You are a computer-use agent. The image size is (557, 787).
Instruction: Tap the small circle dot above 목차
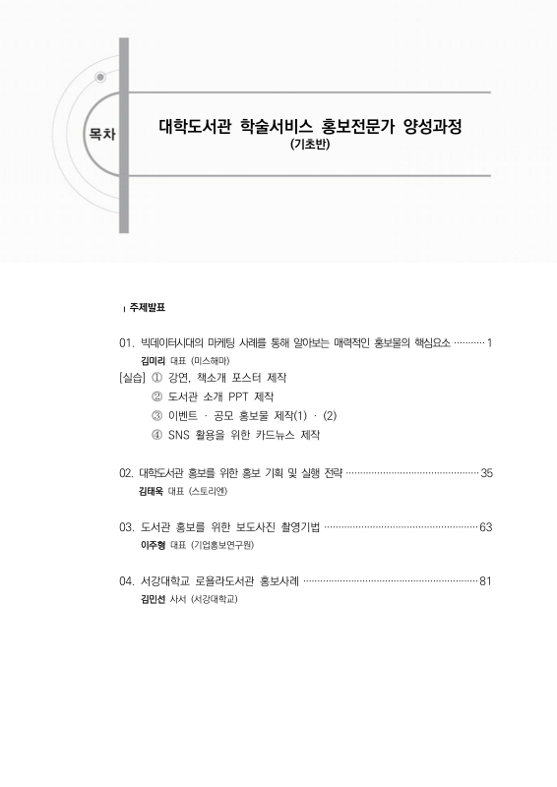99,77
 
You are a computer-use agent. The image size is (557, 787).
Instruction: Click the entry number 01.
125,343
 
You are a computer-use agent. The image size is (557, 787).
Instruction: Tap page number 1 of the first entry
490,343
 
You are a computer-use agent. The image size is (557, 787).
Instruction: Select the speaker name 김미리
155,361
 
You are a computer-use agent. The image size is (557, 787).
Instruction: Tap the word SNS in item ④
183,434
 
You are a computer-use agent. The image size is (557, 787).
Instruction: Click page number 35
486,474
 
